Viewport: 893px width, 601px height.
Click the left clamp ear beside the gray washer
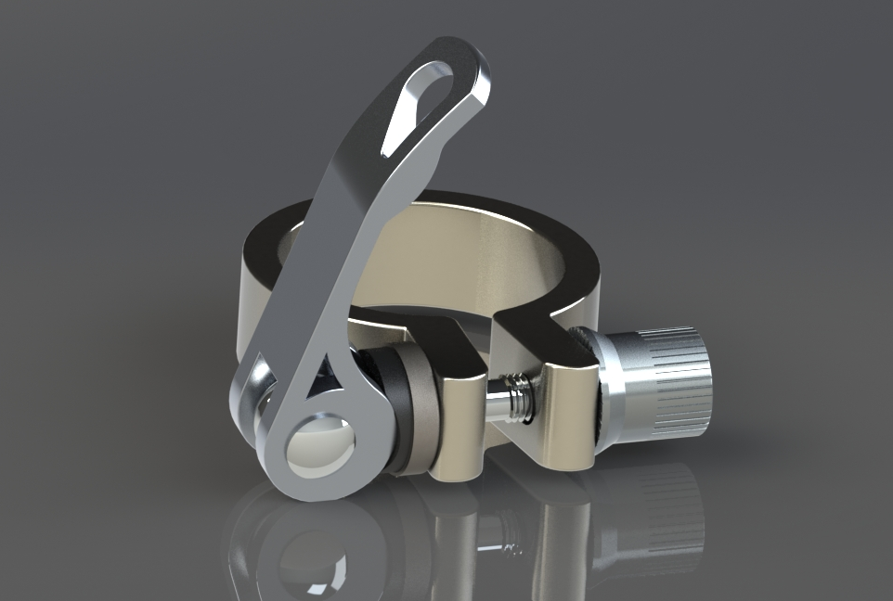pos(459,417)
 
